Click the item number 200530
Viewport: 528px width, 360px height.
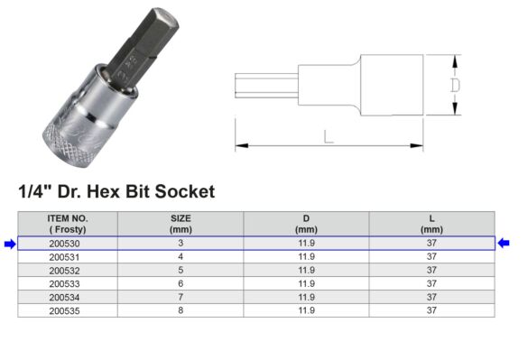tap(68, 243)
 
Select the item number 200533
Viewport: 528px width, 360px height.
tap(68, 282)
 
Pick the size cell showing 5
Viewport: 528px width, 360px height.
tap(181, 270)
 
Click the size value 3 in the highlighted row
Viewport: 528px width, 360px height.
tap(181, 243)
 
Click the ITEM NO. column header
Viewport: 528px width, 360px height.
tap(68, 224)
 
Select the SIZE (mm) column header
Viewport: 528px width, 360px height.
tap(181, 224)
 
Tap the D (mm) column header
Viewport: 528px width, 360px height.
tap(306, 224)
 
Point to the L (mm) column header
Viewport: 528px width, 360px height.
tap(431, 224)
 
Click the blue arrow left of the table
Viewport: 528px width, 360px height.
tap(9, 243)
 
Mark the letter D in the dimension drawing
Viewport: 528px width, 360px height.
tap(455, 85)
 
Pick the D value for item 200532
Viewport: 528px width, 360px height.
tap(306, 270)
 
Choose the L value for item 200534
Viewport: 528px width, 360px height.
tap(431, 296)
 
